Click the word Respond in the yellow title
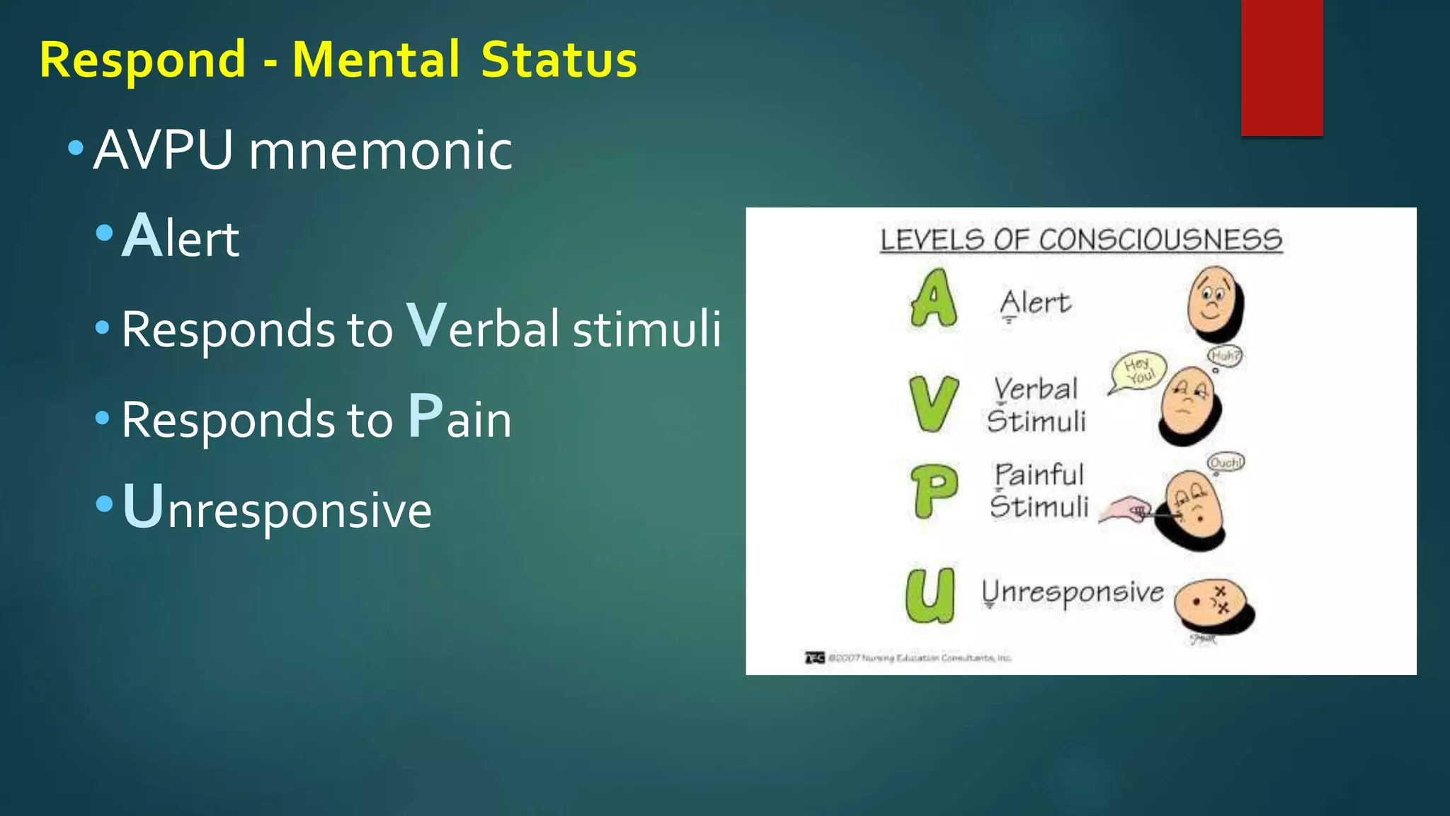coord(142,61)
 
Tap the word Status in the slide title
coord(559,59)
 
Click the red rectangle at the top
coord(1281,67)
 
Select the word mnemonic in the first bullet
coord(380,151)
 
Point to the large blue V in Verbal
coord(427,325)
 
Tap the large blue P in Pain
coord(426,416)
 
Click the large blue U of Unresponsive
coord(143,506)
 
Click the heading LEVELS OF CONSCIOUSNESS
coord(1081,240)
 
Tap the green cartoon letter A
coord(933,300)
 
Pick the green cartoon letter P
coord(934,491)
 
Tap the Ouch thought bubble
coord(1226,463)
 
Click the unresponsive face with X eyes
coord(1213,606)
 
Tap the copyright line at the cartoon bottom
coord(910,658)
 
